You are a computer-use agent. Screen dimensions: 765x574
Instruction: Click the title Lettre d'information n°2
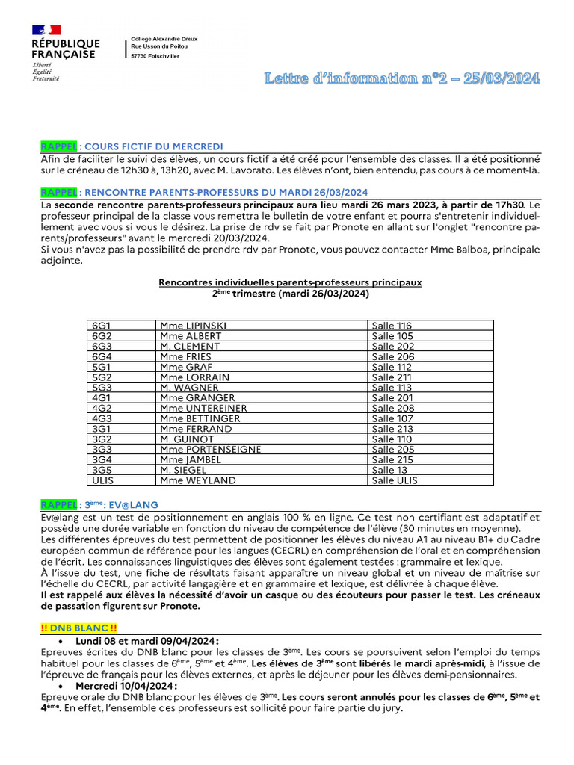coord(401,78)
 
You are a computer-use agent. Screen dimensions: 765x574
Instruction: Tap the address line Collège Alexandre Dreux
coord(164,37)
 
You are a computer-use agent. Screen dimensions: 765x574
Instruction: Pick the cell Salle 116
coord(392,326)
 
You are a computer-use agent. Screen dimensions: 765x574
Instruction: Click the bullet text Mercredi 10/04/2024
coord(126,686)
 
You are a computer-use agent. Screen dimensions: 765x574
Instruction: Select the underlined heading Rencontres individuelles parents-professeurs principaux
coord(290,282)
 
